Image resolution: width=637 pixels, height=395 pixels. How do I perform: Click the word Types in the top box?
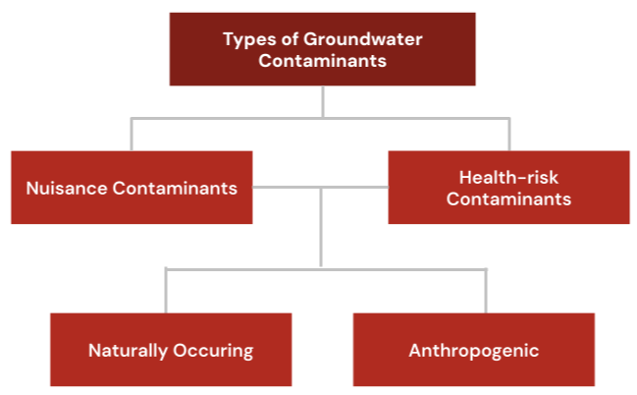[246, 40]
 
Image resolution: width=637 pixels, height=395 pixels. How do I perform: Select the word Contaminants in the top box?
[323, 61]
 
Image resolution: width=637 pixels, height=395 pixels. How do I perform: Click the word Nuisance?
[62, 188]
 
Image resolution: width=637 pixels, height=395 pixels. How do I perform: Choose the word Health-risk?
[509, 178]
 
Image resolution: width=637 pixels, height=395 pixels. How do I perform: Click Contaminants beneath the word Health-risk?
[509, 198]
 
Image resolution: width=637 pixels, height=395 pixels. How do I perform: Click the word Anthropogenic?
[474, 350]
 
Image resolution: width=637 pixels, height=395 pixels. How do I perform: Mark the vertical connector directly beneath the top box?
[322, 101]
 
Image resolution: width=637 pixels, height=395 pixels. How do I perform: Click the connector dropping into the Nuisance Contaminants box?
[132, 134]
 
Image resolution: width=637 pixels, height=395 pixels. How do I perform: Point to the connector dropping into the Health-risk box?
[509, 134]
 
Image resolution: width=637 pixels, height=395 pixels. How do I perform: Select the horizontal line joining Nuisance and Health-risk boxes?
[320, 187]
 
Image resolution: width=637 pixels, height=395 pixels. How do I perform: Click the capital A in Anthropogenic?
[414, 350]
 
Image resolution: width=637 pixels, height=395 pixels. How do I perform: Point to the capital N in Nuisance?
[31, 188]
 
